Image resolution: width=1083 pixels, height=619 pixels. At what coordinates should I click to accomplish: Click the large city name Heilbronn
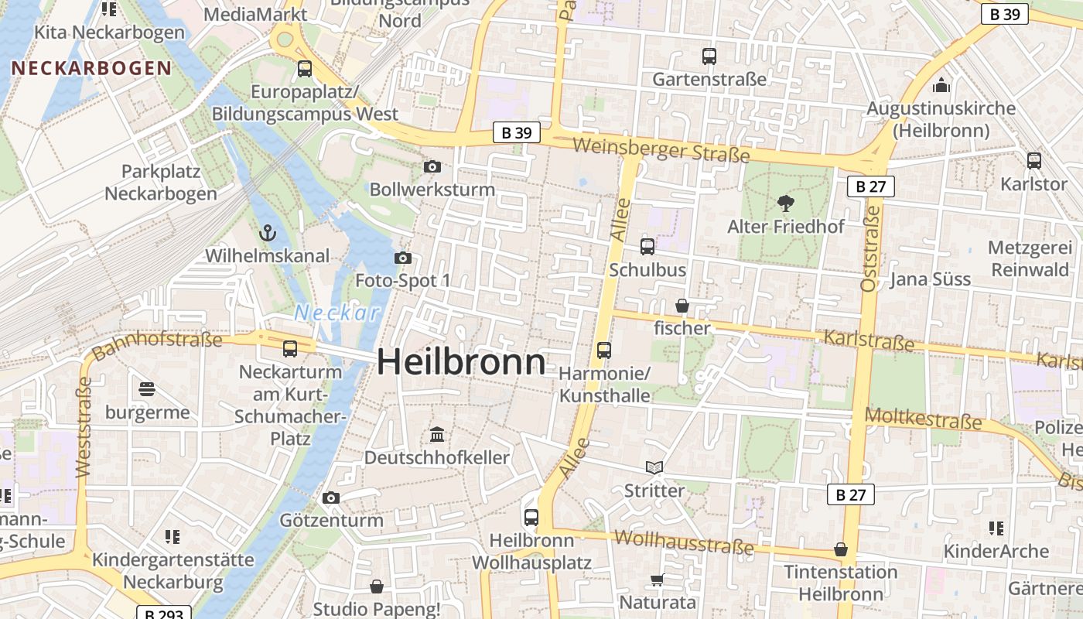[461, 362]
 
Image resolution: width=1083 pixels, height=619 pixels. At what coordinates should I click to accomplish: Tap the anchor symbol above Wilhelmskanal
[267, 232]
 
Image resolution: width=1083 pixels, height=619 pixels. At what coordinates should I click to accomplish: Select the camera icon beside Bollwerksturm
[432, 166]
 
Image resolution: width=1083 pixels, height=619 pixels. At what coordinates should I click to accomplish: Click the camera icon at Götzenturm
[331, 498]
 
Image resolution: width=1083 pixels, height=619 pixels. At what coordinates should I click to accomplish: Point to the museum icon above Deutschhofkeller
[436, 434]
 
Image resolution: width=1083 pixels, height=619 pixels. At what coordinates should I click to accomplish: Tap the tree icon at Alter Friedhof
[785, 203]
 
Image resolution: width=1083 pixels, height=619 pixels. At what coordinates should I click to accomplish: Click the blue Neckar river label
[337, 313]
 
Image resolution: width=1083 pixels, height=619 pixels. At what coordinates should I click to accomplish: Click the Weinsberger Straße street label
[661, 149]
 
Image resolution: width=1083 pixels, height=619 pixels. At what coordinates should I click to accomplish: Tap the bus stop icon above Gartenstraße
[709, 56]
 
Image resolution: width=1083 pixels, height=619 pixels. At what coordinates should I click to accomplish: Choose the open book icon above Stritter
[654, 467]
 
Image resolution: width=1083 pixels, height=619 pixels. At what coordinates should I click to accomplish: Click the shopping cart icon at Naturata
[657, 580]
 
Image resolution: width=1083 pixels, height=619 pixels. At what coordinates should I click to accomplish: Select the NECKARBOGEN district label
[91, 68]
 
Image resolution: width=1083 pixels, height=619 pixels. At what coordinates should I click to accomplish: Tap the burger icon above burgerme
[147, 388]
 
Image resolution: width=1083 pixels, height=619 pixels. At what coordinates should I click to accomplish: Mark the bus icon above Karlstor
[1034, 161]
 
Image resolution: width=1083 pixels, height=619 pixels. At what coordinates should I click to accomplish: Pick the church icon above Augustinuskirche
[941, 85]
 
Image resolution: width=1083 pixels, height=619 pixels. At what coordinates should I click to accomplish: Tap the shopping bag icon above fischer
[682, 306]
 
